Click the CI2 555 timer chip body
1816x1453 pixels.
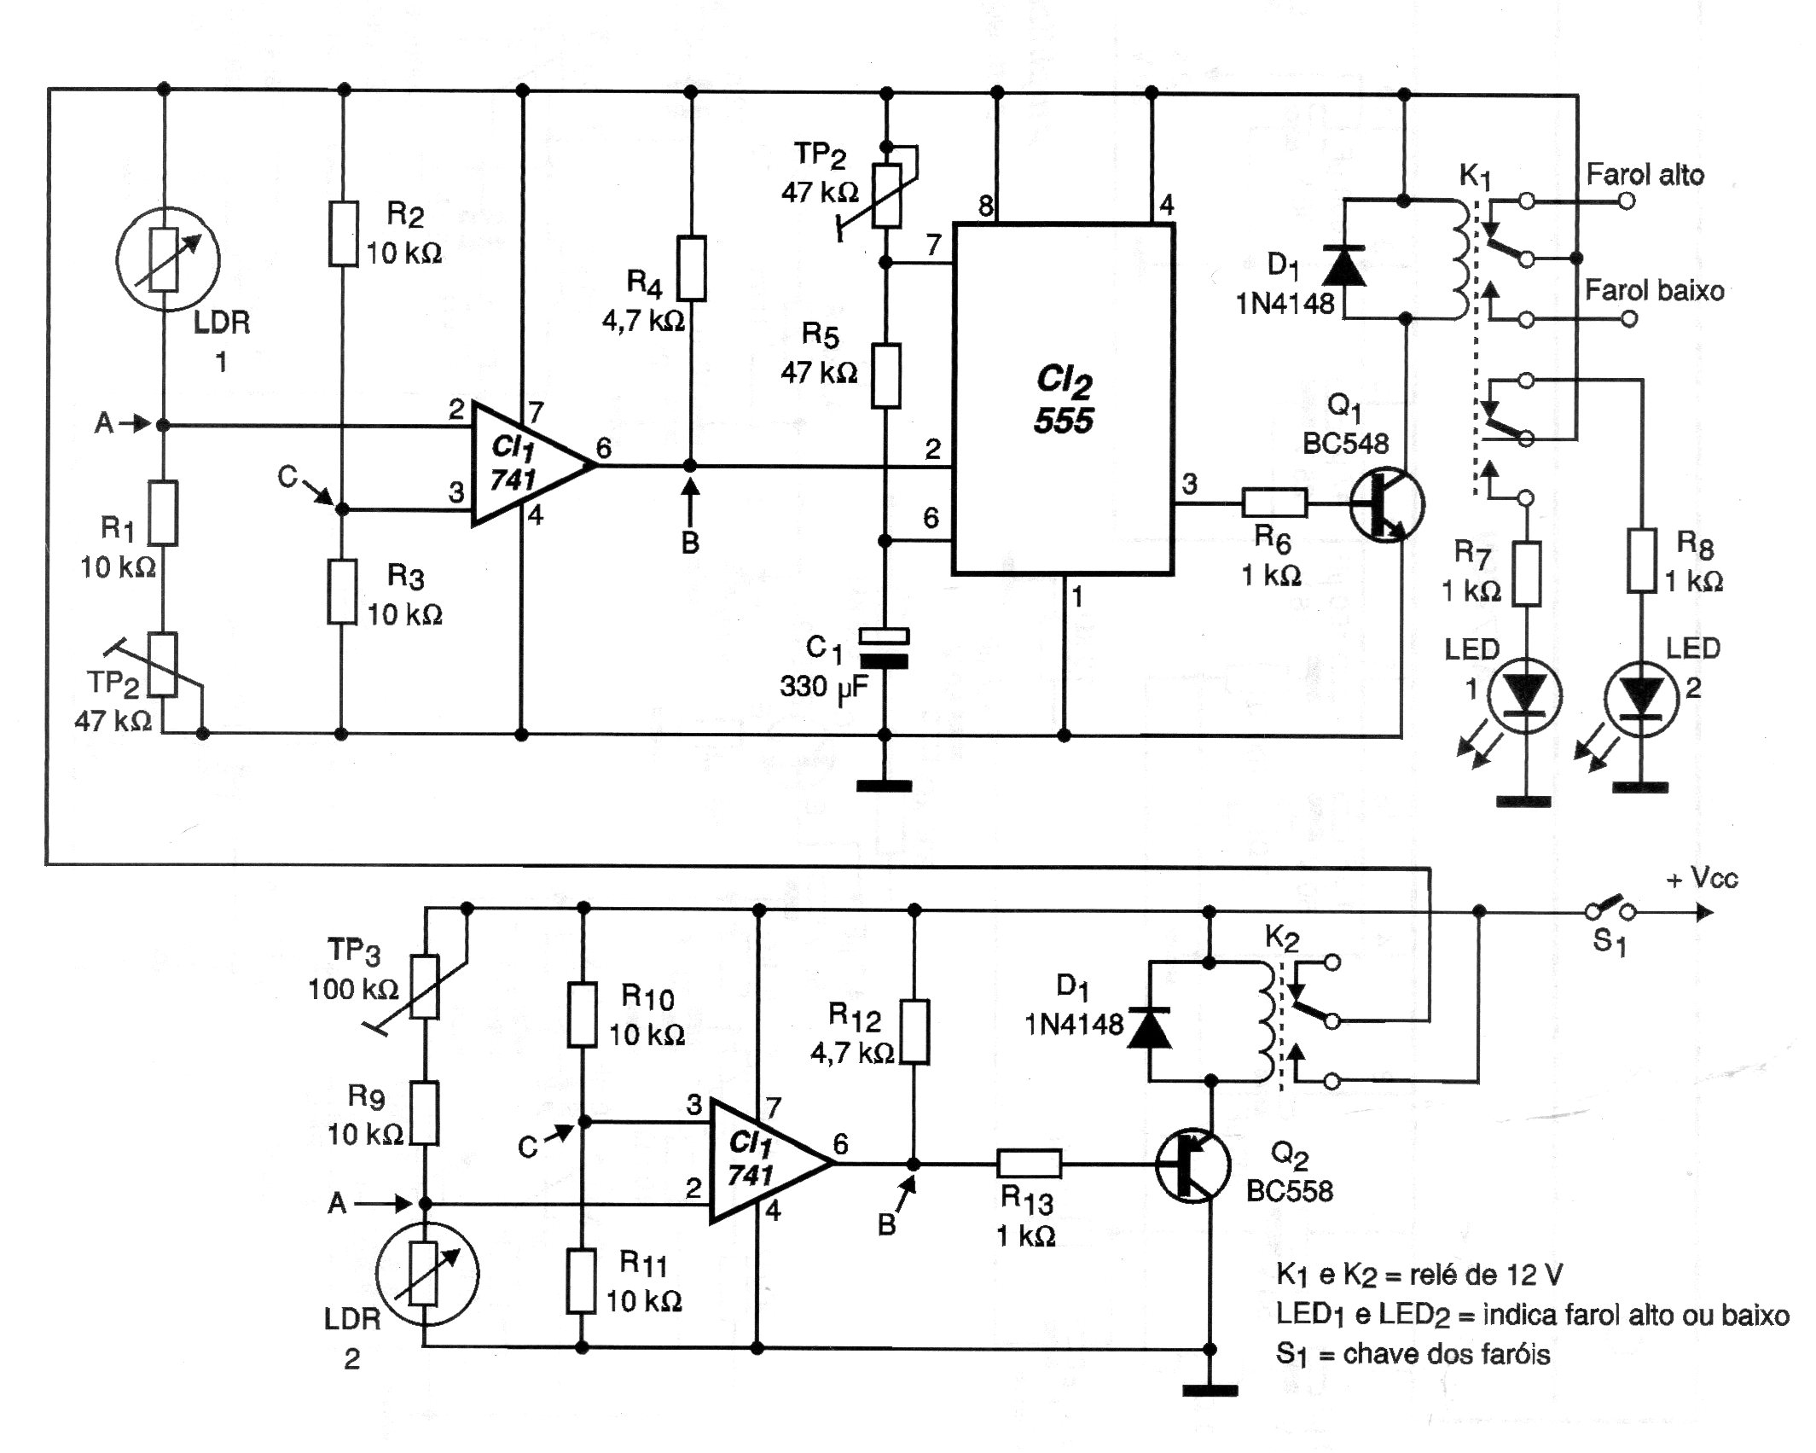[x=1063, y=399]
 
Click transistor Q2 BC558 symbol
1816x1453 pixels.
[x=1192, y=1165]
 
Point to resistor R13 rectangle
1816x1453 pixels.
[x=1030, y=1164]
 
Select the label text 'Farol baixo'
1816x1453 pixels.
[x=1655, y=291]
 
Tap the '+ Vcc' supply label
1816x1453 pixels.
[x=1703, y=879]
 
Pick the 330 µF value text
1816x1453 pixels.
[x=824, y=687]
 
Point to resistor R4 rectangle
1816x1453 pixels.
[x=692, y=269]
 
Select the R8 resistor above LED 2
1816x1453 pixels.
[x=1641, y=561]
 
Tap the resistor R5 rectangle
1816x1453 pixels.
[x=886, y=375]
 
